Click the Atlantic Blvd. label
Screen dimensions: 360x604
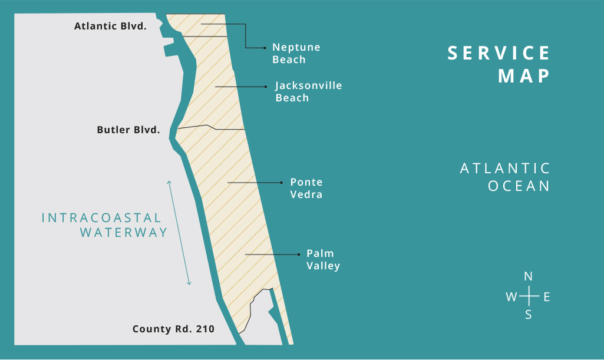pos(110,27)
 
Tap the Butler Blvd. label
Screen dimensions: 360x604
pos(128,130)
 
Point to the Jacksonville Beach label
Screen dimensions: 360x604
pos(308,92)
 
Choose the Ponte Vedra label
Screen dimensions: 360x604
pos(306,189)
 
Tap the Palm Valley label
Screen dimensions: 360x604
pos(323,259)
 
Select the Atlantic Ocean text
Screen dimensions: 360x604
pos(505,177)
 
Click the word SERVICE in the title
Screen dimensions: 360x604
pos(499,53)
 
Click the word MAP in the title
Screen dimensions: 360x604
pos(524,76)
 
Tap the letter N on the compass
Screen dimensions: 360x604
pos(529,276)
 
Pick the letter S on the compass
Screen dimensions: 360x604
pos(529,315)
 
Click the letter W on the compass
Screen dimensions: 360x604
pos(511,297)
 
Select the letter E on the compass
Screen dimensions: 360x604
pos(546,297)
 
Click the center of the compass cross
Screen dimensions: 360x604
pos(529,296)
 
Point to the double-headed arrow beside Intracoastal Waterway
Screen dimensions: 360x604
pos(179,233)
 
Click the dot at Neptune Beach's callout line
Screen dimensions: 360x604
pos(266,48)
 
